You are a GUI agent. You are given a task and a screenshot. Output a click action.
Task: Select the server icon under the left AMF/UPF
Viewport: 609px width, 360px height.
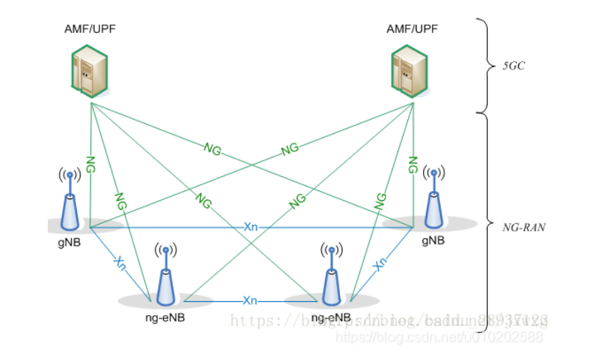click(89, 72)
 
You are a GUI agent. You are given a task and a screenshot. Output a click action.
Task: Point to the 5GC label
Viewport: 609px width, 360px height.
click(516, 66)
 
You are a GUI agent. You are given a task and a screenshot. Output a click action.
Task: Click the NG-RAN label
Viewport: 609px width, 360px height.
click(523, 225)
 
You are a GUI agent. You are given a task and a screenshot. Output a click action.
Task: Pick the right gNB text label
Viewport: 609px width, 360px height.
click(433, 240)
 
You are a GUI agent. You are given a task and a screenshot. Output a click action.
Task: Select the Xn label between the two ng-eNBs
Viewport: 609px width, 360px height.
click(250, 300)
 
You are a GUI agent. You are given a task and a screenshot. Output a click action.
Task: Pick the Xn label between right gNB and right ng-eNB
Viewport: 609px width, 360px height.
click(380, 262)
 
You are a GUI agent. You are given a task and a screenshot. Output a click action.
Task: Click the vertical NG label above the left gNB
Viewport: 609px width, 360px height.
click(90, 164)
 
